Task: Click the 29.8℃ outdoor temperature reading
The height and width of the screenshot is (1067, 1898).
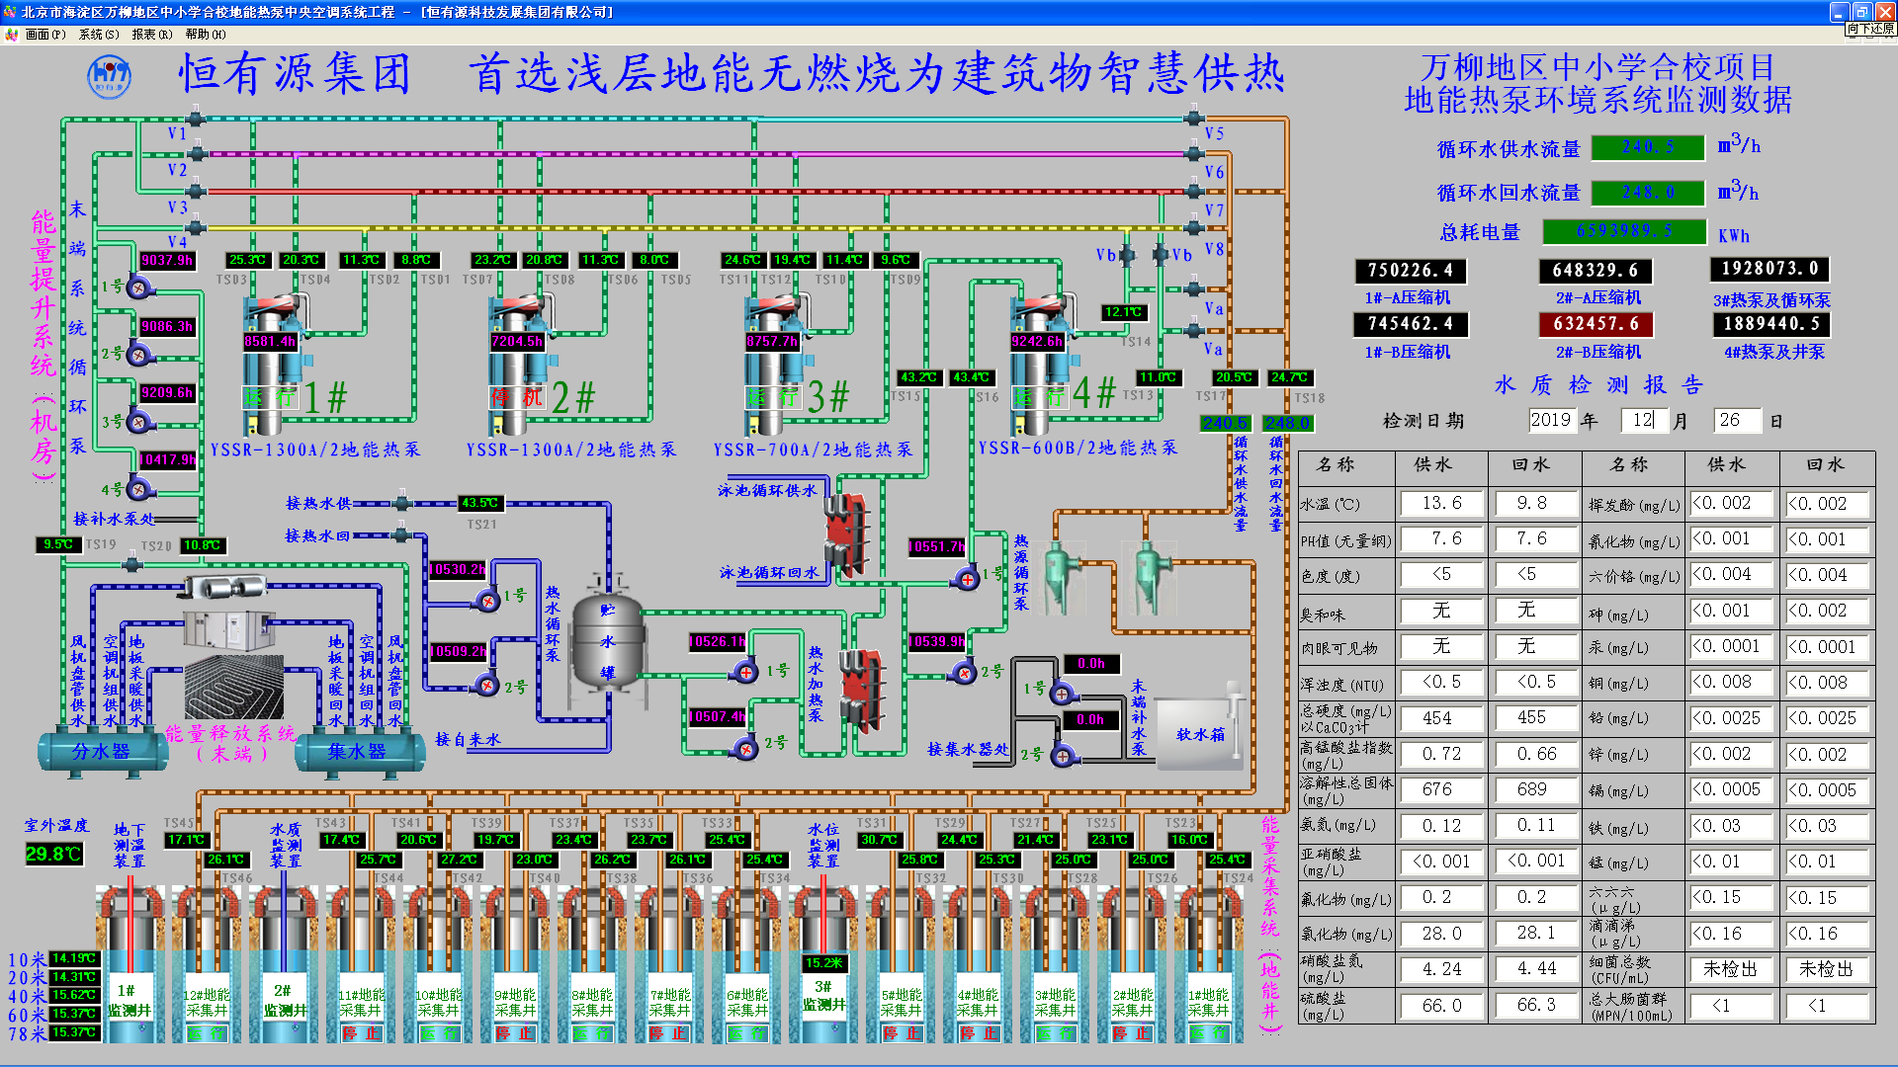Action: pyautogui.click(x=53, y=854)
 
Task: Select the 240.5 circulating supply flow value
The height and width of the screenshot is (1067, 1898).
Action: pyautogui.click(x=1648, y=147)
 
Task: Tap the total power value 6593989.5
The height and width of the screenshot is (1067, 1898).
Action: pyautogui.click(x=1624, y=231)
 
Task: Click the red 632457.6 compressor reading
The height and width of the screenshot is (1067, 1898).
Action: pyautogui.click(x=1596, y=324)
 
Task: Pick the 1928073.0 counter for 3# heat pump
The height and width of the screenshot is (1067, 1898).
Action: pyautogui.click(x=1769, y=269)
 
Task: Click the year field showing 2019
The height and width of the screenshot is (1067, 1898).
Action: pyautogui.click(x=1550, y=420)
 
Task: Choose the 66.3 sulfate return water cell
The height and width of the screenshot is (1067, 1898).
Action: pyautogui.click(x=1536, y=1005)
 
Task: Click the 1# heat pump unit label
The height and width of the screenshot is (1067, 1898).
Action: pyautogui.click(x=325, y=397)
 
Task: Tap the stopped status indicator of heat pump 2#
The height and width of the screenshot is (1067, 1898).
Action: pyautogui.click(x=518, y=397)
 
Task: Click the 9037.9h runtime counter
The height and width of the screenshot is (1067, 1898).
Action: pyautogui.click(x=167, y=260)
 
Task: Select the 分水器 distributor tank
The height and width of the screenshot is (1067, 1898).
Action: pyautogui.click(x=102, y=751)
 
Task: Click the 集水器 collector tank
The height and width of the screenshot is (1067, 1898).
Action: pyautogui.click(x=357, y=751)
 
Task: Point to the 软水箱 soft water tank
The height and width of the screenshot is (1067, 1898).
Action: pyautogui.click(x=1199, y=734)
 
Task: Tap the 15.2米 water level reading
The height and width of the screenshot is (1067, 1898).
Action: pyautogui.click(x=823, y=962)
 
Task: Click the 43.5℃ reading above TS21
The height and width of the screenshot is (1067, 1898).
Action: pyautogui.click(x=479, y=503)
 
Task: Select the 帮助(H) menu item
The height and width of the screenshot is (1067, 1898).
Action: pyautogui.click(x=206, y=34)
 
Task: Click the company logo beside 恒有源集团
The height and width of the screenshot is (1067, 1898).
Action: pyautogui.click(x=109, y=76)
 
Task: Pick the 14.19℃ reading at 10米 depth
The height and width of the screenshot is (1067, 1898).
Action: pyautogui.click(x=74, y=958)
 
